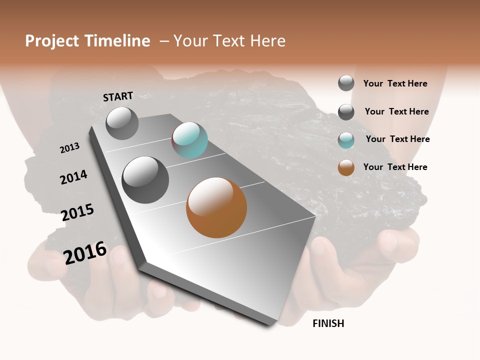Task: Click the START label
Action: (118, 96)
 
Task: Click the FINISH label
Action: (328, 323)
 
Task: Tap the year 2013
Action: (69, 148)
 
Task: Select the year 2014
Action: (73, 177)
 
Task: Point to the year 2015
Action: (77, 212)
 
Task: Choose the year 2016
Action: (85, 252)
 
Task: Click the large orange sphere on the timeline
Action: (216, 207)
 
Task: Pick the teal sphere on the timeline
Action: (189, 140)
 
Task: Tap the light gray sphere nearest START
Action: (122, 123)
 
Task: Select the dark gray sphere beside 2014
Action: (145, 179)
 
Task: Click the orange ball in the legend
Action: (346, 167)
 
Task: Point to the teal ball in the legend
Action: (346, 140)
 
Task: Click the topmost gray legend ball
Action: (346, 83)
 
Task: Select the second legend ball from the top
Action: (346, 112)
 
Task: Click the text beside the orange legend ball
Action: (395, 167)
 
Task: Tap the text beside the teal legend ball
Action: (397, 139)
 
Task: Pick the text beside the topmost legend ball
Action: (395, 83)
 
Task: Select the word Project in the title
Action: (52, 41)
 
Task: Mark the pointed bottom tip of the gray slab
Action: (270, 325)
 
